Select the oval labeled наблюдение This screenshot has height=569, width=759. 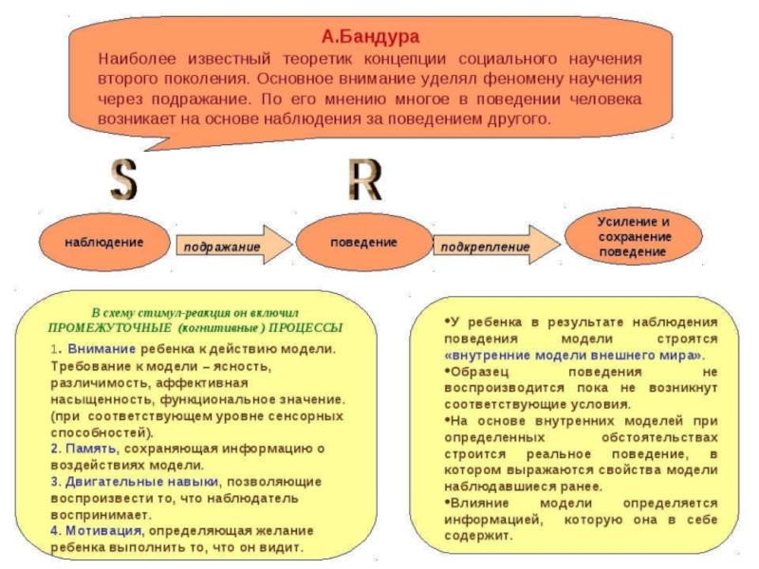pos(104,243)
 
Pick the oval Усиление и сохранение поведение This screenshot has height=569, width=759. pos(634,235)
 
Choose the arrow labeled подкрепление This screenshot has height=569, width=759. pos(493,247)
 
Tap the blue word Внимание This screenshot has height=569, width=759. pos(94,348)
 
